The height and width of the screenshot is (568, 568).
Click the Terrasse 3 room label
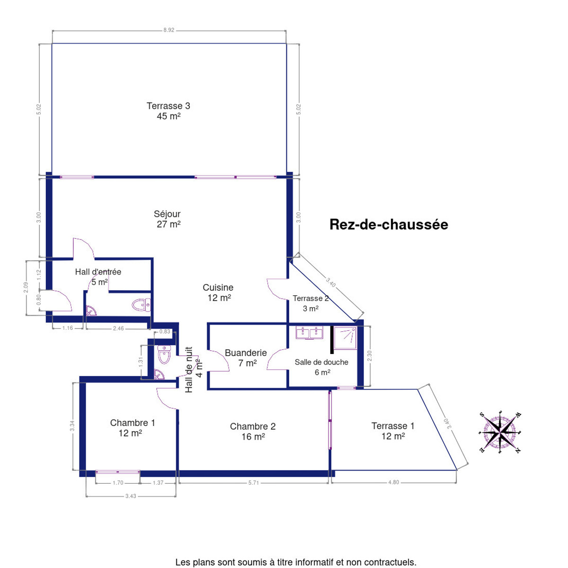tap(169, 106)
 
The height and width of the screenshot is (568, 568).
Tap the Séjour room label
tap(167, 214)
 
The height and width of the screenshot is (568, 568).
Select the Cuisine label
tap(218, 287)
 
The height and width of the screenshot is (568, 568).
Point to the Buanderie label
tap(246, 353)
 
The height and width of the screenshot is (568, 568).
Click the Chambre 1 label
tap(133, 423)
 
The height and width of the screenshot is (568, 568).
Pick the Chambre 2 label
tap(253, 426)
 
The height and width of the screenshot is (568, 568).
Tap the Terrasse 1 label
tap(392, 426)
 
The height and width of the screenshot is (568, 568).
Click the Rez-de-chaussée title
tap(389, 225)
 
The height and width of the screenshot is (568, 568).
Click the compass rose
tap(500, 433)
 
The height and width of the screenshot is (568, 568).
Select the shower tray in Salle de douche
tap(345, 338)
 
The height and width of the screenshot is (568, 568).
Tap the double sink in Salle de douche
tap(310, 332)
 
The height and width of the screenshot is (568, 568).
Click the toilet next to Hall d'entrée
tap(141, 305)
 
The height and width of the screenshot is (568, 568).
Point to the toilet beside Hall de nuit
tap(164, 355)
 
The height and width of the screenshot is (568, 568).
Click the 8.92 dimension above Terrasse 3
tap(169, 30)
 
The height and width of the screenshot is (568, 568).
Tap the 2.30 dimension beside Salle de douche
tap(370, 356)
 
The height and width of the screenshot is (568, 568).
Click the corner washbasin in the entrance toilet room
tap(91, 311)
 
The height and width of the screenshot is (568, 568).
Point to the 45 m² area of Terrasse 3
tap(169, 116)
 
